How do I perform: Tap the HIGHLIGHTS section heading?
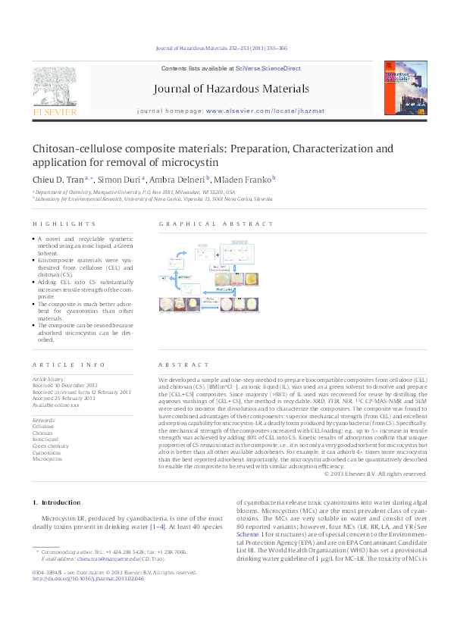point(64,224)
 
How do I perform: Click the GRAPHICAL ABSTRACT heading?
point(216,224)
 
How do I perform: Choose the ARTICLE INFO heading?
point(64,364)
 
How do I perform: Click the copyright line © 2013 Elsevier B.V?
point(375,474)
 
